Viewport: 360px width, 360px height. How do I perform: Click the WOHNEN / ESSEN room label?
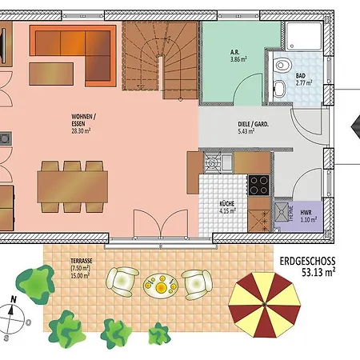tap(83, 120)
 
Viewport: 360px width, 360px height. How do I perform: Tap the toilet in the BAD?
tap(280, 65)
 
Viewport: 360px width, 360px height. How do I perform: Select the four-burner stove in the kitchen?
tap(258, 185)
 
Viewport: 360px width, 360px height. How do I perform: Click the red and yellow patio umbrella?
tap(265, 305)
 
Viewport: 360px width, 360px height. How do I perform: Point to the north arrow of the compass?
tap(11, 310)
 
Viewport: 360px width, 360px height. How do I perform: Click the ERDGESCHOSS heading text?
tap(307, 261)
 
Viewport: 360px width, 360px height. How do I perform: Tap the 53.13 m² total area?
tap(318, 273)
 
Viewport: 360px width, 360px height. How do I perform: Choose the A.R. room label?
tap(234, 52)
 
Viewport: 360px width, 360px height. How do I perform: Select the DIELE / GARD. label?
tap(253, 124)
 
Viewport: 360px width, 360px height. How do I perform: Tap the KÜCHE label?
tap(226, 204)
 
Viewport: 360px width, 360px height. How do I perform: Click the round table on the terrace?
tap(161, 286)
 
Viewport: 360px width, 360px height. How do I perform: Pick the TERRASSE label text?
tap(82, 261)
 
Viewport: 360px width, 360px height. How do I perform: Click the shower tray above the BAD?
tap(304, 36)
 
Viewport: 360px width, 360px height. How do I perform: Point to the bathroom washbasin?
tap(280, 88)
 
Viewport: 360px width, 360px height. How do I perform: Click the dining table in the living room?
tap(73, 187)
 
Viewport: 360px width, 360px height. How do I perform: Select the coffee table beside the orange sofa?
tap(51, 74)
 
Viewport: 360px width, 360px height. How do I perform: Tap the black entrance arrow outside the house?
tap(356, 127)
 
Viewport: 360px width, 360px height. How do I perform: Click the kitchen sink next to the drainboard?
tap(227, 162)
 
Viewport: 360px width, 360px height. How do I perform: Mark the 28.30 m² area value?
tap(81, 131)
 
